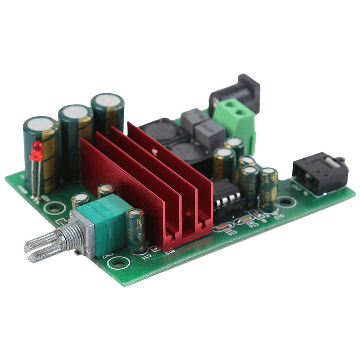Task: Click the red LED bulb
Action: pyautogui.click(x=37, y=151)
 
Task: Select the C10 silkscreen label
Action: pyautogui.click(x=278, y=215)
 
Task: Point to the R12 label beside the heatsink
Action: pyautogui.click(x=169, y=252)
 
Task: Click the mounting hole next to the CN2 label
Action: pyautogui.click(x=118, y=263)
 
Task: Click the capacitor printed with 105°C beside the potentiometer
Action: pyautogui.click(x=136, y=231)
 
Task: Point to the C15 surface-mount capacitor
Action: pyautogui.click(x=224, y=226)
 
